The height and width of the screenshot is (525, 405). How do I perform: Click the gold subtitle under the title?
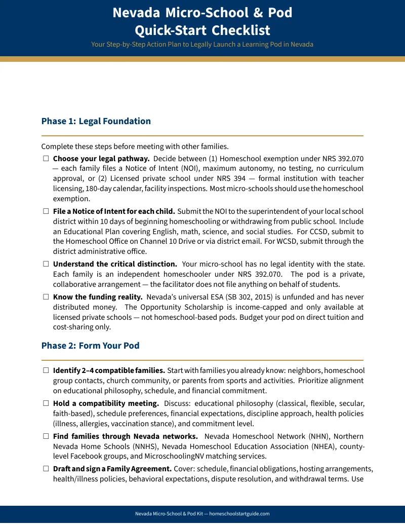[202, 45]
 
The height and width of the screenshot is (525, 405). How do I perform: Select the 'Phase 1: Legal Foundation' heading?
[96, 121]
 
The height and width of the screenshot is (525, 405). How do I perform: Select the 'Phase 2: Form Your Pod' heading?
[90, 346]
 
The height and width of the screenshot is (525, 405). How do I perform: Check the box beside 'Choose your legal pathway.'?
[46, 159]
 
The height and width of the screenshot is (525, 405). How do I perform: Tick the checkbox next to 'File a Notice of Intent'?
[46, 211]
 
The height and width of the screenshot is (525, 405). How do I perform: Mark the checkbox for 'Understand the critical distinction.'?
[46, 265]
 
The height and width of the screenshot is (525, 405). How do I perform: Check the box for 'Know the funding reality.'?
[46, 297]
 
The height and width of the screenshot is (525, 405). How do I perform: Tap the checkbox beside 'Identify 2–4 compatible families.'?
[46, 370]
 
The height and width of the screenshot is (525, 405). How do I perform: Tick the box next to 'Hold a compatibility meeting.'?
[46, 403]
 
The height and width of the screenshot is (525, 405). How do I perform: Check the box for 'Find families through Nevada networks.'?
[46, 436]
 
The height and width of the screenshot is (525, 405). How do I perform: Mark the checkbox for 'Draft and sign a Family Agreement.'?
[46, 469]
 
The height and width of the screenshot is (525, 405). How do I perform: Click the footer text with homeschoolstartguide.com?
[202, 514]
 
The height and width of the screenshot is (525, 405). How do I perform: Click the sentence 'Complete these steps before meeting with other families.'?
[135, 147]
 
